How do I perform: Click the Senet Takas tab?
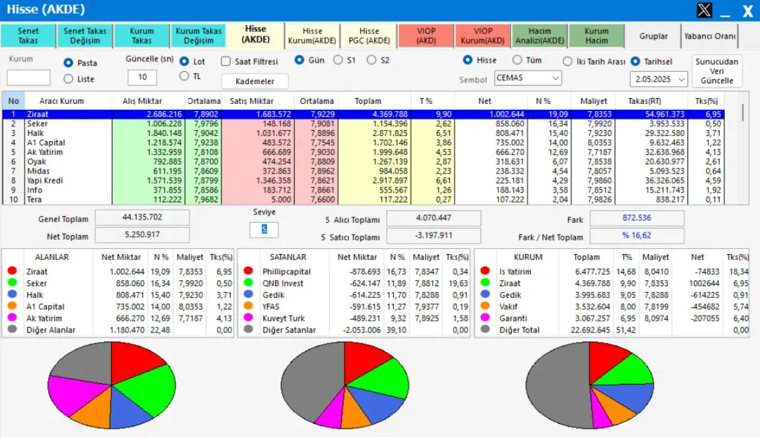28,36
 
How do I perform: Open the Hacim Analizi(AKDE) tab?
539,36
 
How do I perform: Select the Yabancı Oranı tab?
710,36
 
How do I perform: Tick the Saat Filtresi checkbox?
226,62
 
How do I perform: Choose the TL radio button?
184,76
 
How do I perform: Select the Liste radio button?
69,79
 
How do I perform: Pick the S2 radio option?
372,60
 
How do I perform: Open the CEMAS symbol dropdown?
528,78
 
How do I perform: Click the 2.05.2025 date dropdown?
658,79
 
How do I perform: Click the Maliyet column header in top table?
593,101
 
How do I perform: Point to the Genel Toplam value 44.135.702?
142,218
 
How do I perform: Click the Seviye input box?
264,230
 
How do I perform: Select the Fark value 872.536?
636,218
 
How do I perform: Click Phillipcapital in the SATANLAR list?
287,271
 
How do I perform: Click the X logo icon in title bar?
704,10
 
